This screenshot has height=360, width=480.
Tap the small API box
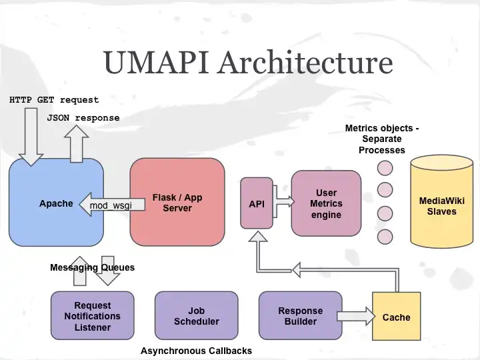coord(257,203)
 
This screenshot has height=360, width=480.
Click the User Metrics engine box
coord(326,203)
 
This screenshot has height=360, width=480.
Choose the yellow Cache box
coord(396,317)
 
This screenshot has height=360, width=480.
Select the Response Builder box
coord(300,316)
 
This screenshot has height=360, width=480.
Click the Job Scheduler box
coord(196,316)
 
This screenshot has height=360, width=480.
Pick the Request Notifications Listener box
coord(93,316)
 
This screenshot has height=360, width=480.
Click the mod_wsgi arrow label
coord(111,205)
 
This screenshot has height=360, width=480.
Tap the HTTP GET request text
coord(54,100)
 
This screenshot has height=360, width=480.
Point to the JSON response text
coord(83,118)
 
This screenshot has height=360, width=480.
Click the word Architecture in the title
coord(305,62)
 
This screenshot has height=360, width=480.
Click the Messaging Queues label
coord(92,267)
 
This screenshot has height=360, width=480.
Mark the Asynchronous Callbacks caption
coord(196,351)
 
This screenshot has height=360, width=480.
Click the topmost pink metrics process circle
coord(385,167)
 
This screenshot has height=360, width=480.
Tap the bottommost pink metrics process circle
coord(385,236)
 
